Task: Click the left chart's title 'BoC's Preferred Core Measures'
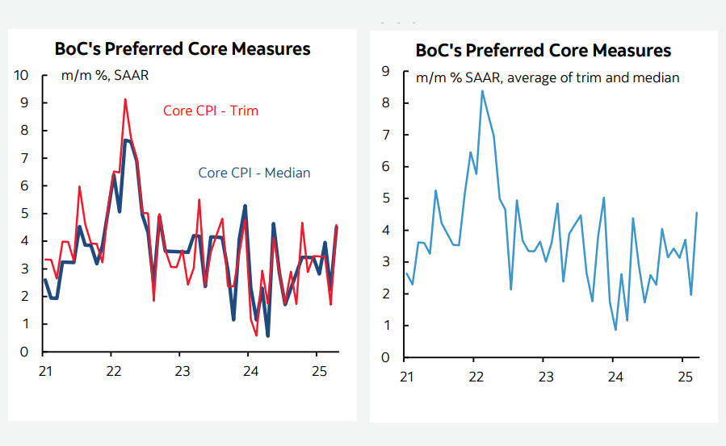click(x=182, y=48)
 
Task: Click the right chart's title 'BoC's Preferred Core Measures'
click(x=543, y=50)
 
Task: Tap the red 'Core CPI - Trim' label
click(x=211, y=110)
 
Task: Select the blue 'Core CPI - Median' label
click(x=254, y=173)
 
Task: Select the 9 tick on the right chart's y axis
click(x=385, y=72)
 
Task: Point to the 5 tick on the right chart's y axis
click(x=385, y=199)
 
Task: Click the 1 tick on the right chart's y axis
click(x=385, y=326)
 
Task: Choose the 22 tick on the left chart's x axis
click(x=113, y=372)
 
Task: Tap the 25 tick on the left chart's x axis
click(x=317, y=372)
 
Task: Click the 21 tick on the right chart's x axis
click(x=405, y=377)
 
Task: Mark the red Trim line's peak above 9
click(x=125, y=99)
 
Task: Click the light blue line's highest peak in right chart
click(x=482, y=90)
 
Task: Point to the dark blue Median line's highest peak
click(x=126, y=140)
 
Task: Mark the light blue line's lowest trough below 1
click(x=615, y=329)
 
